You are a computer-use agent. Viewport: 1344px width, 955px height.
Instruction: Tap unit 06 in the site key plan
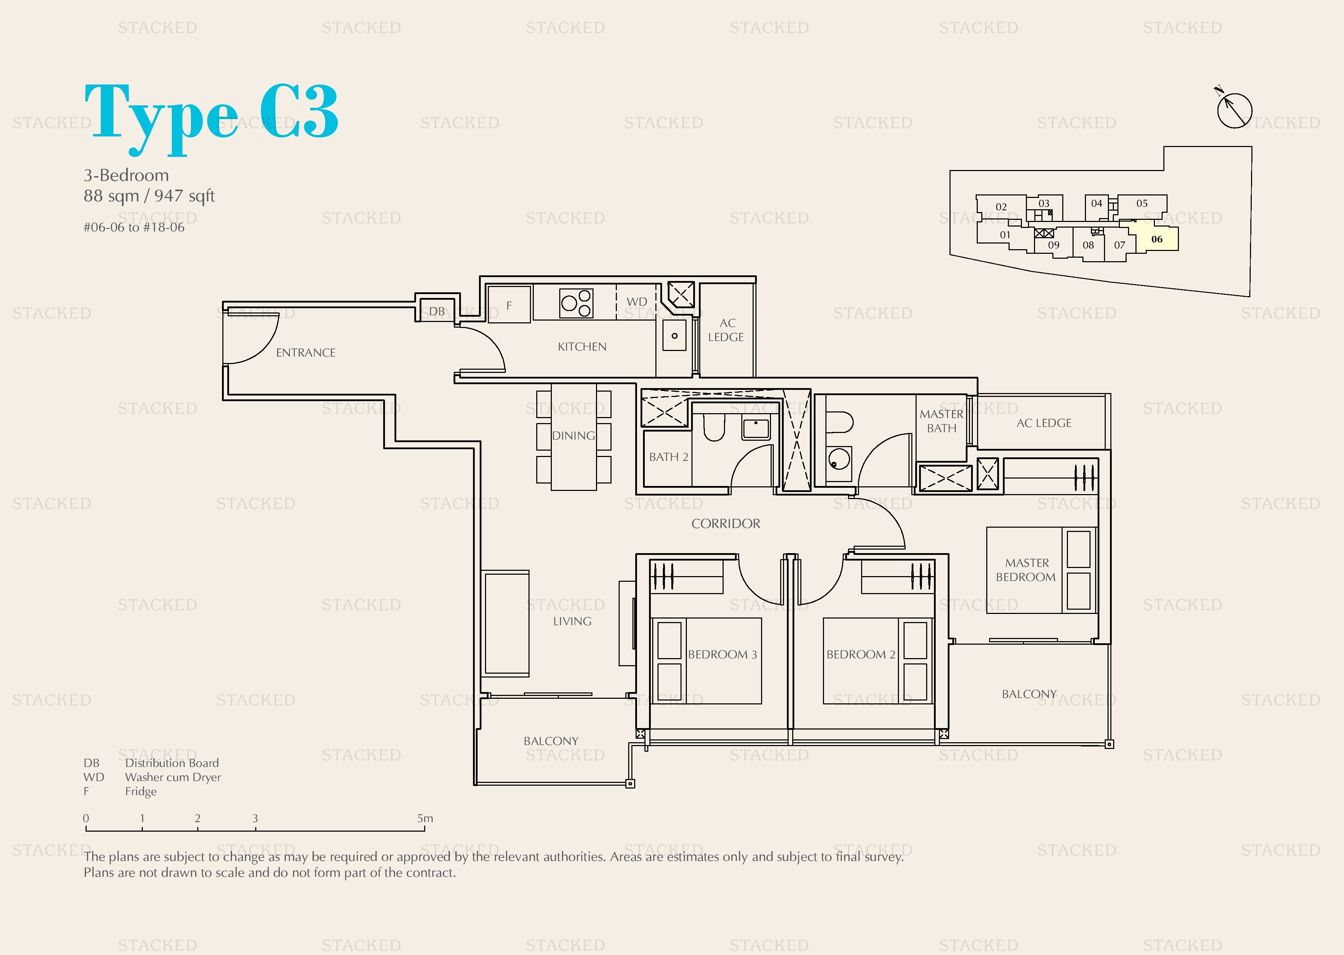click(x=1156, y=239)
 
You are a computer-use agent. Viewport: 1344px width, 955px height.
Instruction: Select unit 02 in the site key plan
click(x=1001, y=207)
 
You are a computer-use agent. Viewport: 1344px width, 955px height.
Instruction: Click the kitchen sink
click(x=674, y=335)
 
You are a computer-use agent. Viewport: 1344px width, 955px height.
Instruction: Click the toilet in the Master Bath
click(x=839, y=422)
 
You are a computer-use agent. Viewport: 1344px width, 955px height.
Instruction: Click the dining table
click(x=573, y=437)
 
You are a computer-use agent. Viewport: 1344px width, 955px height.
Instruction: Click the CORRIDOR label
click(x=726, y=523)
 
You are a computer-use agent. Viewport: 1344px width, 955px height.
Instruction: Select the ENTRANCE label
click(x=306, y=353)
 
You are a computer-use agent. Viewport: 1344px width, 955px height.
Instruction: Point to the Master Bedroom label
click(x=1026, y=570)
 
